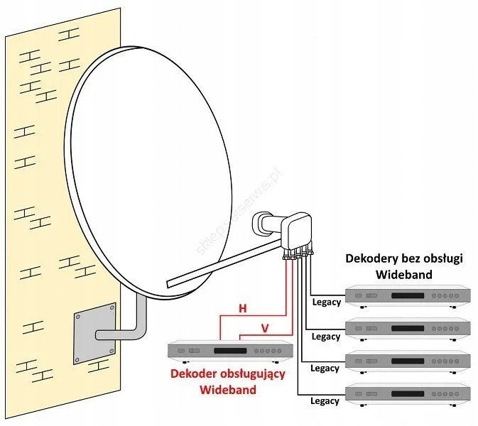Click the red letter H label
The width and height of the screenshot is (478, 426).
(242, 308)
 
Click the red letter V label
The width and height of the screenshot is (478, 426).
(264, 328)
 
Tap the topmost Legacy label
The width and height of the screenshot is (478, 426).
(326, 302)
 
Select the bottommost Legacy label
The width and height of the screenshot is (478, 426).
(325, 401)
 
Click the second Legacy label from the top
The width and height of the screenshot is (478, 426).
(326, 337)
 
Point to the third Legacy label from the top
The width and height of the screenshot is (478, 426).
(325, 368)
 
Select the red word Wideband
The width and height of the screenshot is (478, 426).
(227, 390)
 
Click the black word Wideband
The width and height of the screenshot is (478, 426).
(404, 274)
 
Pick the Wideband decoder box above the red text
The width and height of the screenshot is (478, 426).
(229, 351)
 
